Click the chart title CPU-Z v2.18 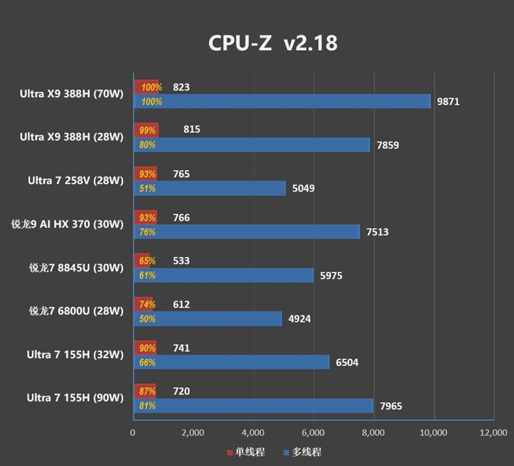tap(273, 43)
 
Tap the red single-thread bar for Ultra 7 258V tap(145, 174)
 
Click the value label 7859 tap(388, 145)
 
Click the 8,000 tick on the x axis tap(373, 432)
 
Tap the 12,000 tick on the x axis tap(493, 432)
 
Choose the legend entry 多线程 tap(302, 452)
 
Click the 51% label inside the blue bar tap(147, 189)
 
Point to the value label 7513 tap(377, 232)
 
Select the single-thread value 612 tap(182, 304)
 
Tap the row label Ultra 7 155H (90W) tap(75, 398)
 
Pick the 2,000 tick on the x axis tap(193, 432)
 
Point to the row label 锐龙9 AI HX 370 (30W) tap(67, 224)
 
